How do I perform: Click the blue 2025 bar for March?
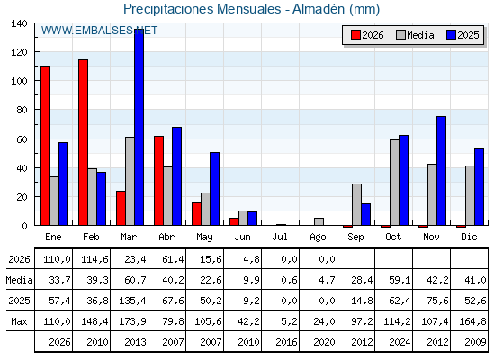139,127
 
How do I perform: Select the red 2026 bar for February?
83,142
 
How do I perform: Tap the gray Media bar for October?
395,183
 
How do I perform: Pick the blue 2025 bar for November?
441,171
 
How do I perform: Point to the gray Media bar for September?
356,204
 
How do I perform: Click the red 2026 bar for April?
158,181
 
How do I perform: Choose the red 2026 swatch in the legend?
355,35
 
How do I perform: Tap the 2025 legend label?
468,35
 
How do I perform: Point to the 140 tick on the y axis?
19,23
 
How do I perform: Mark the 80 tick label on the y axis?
22,110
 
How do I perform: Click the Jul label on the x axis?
280,238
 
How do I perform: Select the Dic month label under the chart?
469,238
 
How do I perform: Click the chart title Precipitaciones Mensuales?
202,9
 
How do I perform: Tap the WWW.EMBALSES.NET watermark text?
99,31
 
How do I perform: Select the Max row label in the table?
19,321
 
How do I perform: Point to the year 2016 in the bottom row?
286,342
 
